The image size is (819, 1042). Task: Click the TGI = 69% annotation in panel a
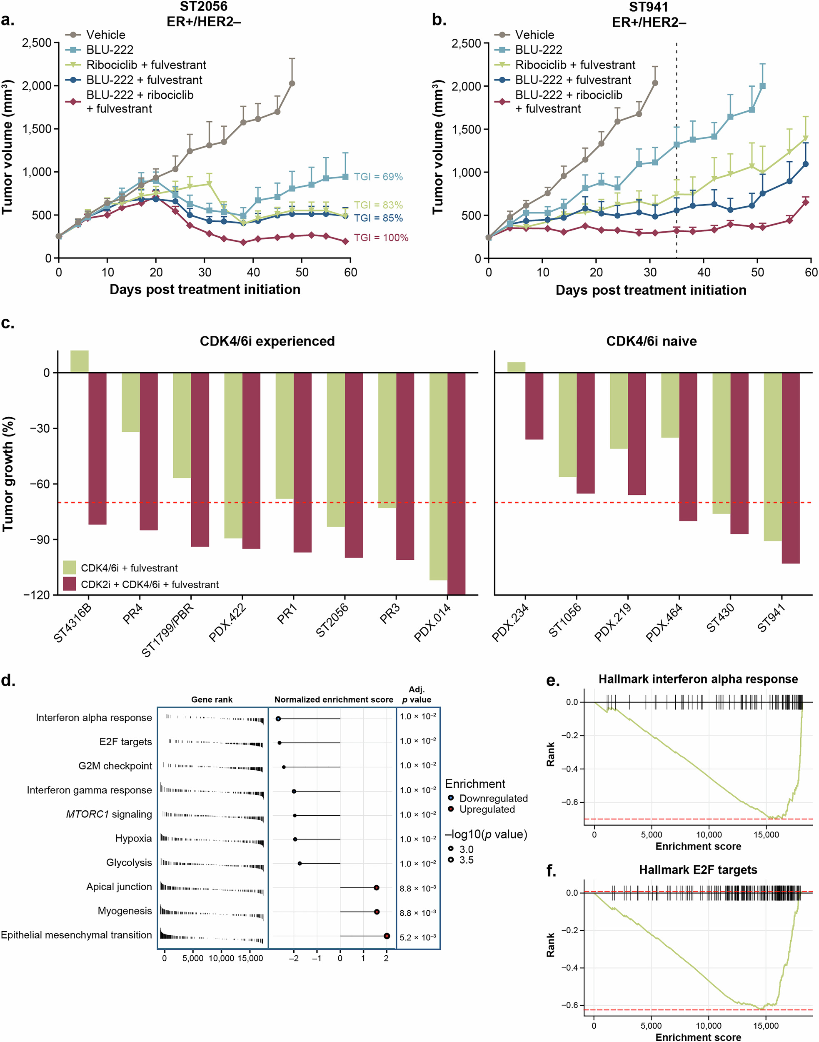(378, 177)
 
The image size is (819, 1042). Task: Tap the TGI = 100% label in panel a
(381, 238)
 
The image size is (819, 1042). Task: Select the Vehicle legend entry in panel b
(534, 35)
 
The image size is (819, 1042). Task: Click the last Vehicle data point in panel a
(292, 83)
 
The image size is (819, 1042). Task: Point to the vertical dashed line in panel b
(677, 144)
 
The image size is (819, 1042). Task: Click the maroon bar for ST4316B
(97, 448)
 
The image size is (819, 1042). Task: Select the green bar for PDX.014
(438, 476)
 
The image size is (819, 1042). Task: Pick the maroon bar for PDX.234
(534, 406)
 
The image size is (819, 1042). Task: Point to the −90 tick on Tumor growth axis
(40, 539)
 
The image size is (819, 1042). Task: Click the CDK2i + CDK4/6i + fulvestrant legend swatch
(70, 584)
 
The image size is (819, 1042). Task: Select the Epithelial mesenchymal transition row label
(76, 935)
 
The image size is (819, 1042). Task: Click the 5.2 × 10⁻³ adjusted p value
(418, 937)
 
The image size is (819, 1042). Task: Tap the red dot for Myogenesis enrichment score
(377, 912)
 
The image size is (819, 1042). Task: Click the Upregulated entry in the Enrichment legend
(487, 809)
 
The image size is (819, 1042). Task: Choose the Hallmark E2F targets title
(698, 869)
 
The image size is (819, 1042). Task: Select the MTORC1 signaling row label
(109, 814)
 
